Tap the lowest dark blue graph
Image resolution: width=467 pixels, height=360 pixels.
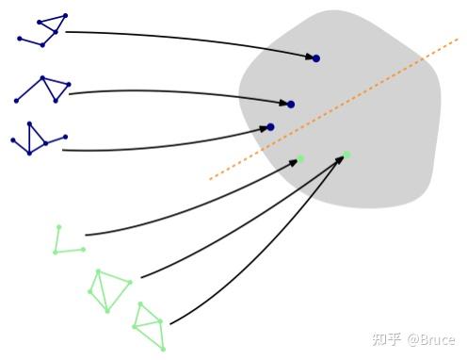coord(36,139)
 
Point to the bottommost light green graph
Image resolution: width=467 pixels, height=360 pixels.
coord(150,326)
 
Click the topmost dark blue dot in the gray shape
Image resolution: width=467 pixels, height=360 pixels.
coord(316,58)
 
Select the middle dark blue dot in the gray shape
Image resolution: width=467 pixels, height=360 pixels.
coord(291,105)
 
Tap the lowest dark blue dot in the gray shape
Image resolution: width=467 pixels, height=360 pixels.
coord(270,127)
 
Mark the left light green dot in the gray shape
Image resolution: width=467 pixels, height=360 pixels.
coord(300,158)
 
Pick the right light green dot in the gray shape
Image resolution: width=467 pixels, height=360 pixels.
coord(346,155)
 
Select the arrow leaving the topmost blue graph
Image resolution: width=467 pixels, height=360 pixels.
coord(188,37)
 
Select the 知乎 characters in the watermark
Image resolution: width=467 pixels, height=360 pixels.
coord(387,339)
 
